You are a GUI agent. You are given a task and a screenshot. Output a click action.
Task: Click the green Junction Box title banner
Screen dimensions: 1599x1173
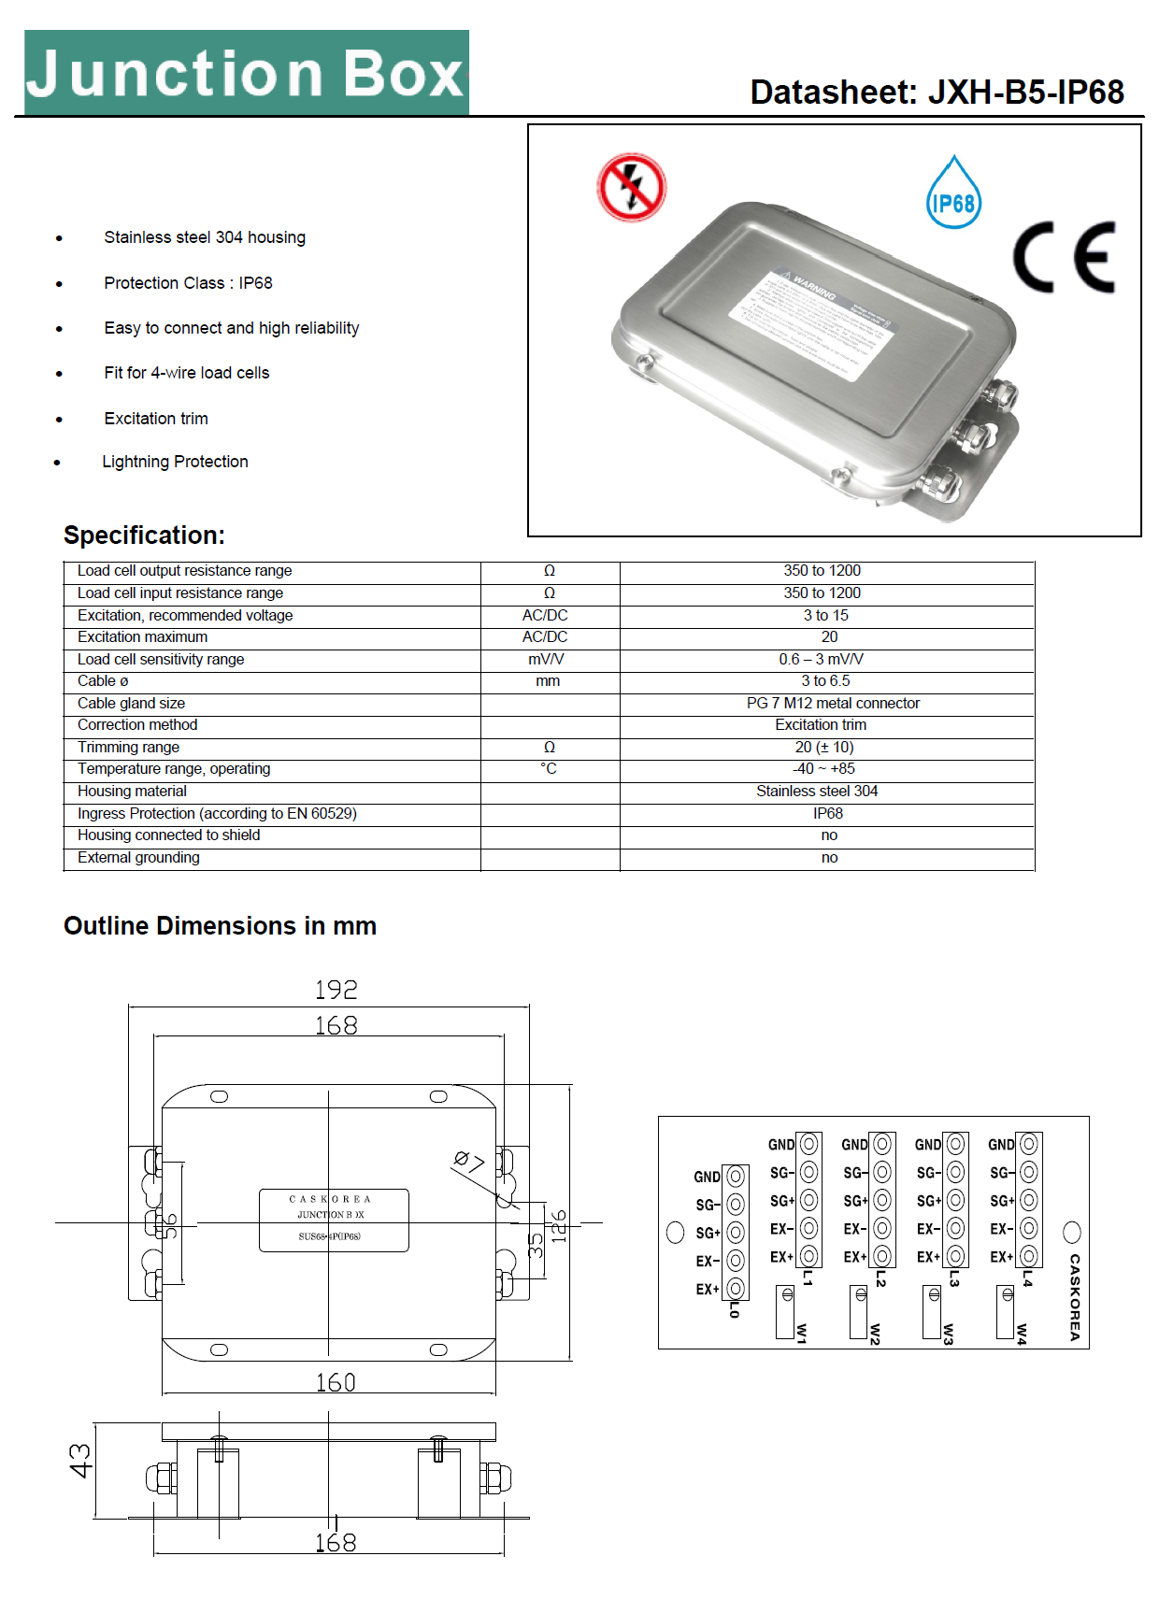pos(246,73)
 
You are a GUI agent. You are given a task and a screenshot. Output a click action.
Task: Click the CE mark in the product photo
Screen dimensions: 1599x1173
pos(1064,257)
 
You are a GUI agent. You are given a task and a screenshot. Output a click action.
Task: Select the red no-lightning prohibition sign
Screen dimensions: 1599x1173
pos(631,187)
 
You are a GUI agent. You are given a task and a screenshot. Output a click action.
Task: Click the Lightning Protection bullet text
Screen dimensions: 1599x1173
pos(175,462)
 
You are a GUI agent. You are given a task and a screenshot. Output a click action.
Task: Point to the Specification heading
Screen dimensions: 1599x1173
pos(144,535)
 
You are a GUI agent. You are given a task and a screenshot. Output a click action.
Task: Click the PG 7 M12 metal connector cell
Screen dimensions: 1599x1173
pos(832,703)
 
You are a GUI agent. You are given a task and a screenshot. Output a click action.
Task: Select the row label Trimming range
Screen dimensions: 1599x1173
pos(128,747)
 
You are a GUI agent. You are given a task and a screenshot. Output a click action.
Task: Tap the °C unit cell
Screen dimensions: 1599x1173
pos(549,769)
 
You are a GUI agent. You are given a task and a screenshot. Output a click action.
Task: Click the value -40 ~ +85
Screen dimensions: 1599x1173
pos(823,769)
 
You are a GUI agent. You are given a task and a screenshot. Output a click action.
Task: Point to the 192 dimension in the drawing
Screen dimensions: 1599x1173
pos(336,990)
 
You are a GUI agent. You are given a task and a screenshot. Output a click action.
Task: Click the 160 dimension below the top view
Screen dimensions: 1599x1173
pos(336,1382)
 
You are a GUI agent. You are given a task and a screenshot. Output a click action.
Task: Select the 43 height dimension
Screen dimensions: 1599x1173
pos(81,1461)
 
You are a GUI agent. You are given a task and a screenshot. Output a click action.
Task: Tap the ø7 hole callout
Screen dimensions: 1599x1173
pos(469,1163)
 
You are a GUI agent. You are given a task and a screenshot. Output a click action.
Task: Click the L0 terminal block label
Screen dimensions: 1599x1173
pos(735,1308)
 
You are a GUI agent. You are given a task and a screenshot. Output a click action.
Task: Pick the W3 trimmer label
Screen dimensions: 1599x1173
pos(948,1334)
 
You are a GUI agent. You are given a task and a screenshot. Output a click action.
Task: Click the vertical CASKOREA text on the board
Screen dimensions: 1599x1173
pos(1075,1297)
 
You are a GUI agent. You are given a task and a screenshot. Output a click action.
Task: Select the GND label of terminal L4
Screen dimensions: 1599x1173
pos(1001,1145)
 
